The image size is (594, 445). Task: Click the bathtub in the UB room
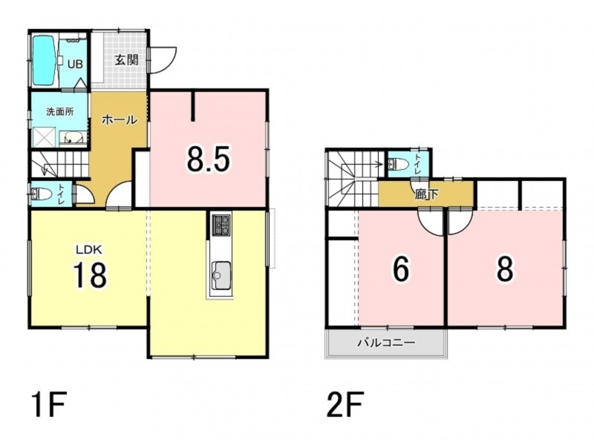click(45, 61)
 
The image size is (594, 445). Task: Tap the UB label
click(75, 64)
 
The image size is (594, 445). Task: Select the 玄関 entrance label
click(126, 60)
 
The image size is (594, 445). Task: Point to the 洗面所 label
click(60, 112)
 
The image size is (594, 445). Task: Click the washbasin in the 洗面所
click(74, 138)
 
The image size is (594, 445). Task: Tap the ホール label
click(120, 120)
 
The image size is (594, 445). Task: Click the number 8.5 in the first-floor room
click(209, 159)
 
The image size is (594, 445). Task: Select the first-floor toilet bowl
click(42, 194)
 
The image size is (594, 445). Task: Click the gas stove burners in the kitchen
click(221, 225)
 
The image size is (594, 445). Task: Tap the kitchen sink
click(220, 275)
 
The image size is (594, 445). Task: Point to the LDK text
click(89, 249)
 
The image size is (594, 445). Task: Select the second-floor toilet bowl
click(399, 164)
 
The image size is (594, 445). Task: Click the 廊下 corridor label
click(426, 194)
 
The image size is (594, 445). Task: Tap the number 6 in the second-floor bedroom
click(401, 269)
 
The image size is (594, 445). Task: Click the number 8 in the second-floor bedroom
click(506, 269)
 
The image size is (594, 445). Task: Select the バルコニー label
click(387, 343)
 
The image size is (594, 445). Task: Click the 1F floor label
click(50, 404)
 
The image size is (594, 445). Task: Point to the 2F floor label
click(345, 404)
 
